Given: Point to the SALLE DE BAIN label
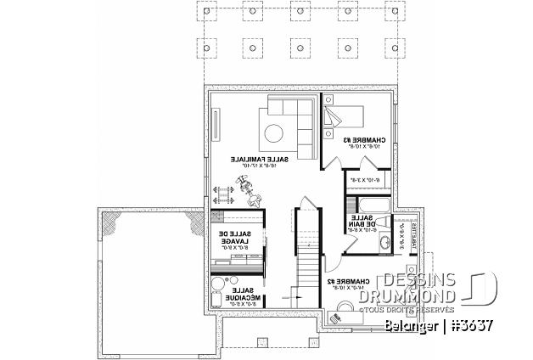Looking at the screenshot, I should (363, 223).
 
